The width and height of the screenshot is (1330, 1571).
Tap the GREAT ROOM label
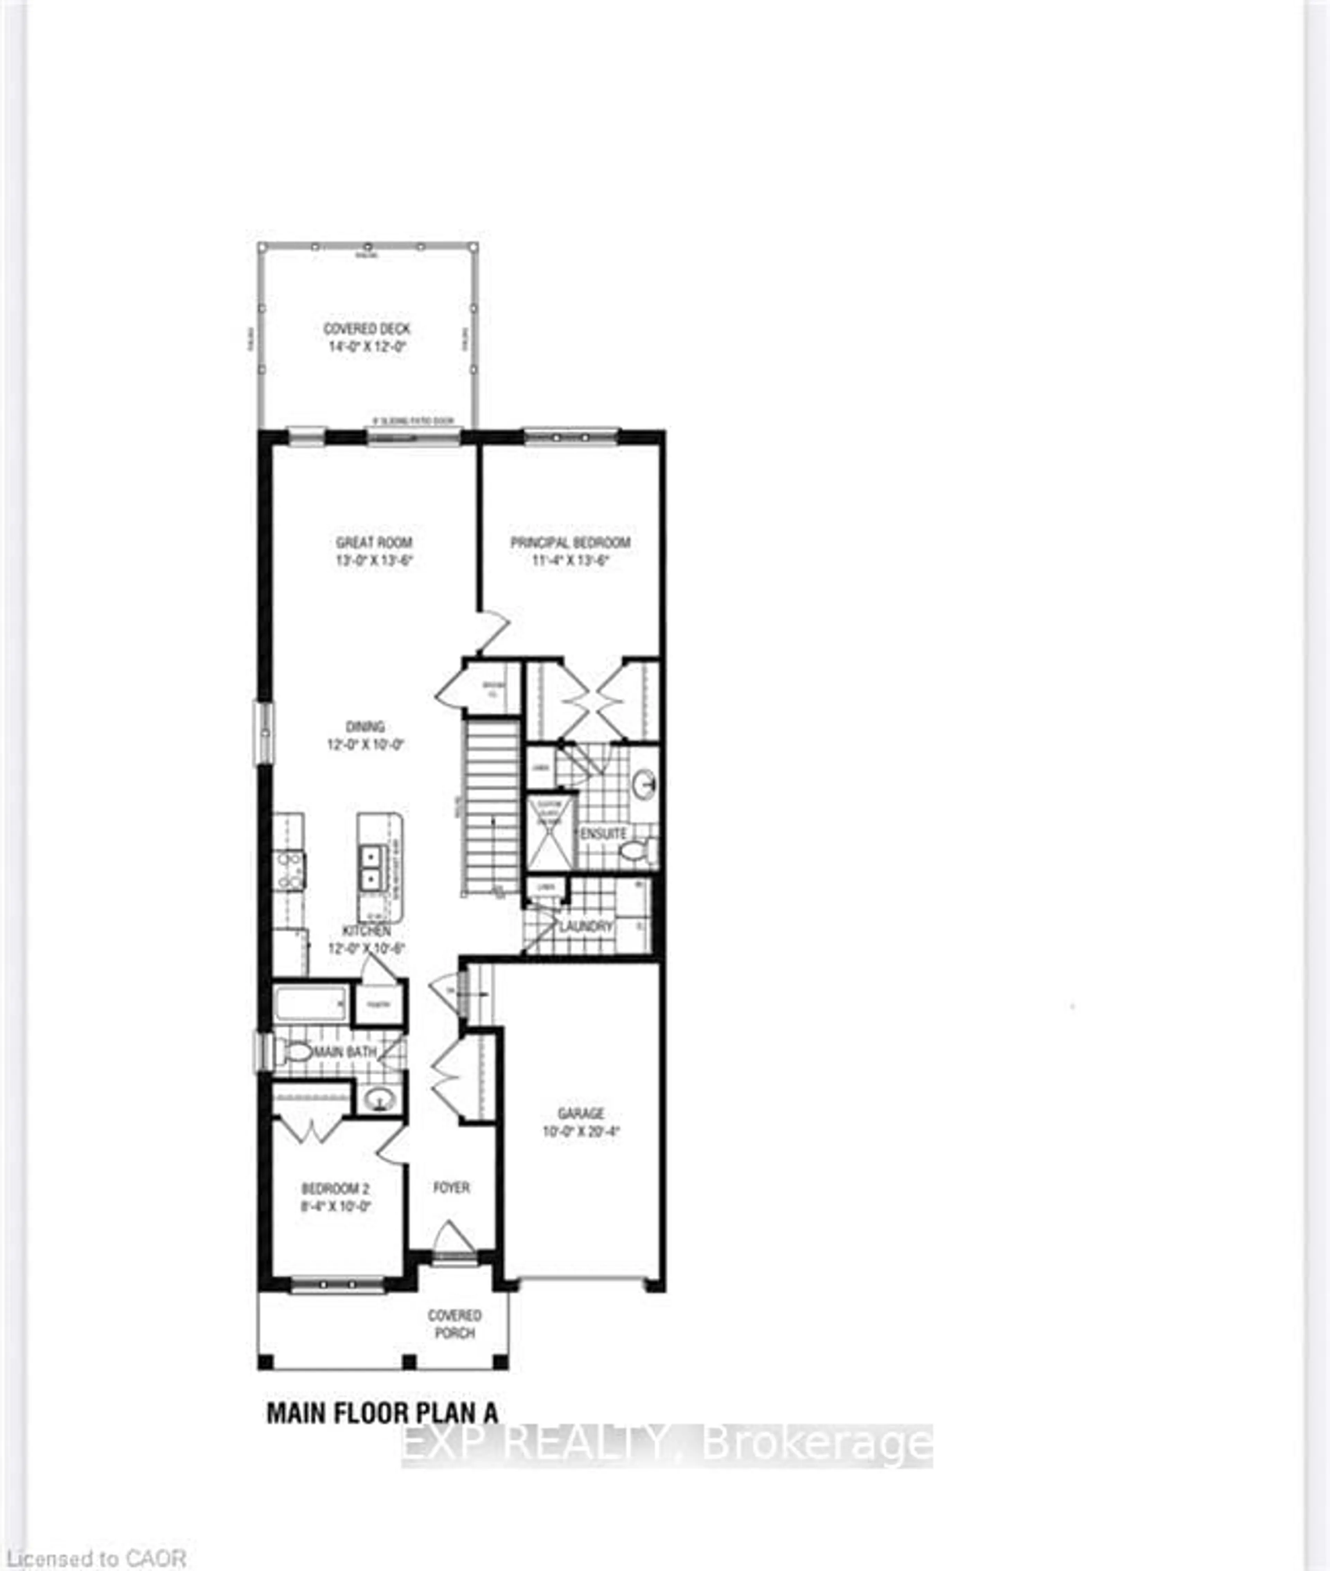(374, 542)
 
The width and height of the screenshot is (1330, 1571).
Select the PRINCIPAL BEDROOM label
(570, 542)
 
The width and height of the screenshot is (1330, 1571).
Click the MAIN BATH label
(345, 1052)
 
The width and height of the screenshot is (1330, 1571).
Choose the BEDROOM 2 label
(336, 1189)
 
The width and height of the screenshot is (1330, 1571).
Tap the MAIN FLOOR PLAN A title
(382, 1413)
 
